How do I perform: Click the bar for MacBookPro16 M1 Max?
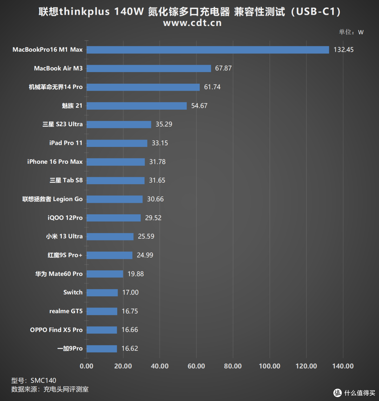(208, 50)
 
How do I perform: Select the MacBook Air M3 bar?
(149, 68)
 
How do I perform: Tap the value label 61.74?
(212, 87)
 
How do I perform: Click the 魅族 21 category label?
(72, 105)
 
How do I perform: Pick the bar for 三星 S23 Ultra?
(119, 124)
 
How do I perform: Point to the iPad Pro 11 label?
(66, 143)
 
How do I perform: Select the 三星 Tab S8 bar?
(115, 180)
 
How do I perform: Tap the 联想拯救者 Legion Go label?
(53, 199)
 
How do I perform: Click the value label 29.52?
(153, 218)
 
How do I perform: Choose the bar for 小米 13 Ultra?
(110, 237)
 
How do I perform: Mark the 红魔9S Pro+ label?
(65, 255)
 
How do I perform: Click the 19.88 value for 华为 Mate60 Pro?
(135, 274)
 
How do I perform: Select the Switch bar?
(102, 292)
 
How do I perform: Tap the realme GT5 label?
(66, 311)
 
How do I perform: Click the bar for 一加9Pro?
(102, 349)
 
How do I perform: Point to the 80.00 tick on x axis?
(233, 366)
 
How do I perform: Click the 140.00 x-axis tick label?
(343, 366)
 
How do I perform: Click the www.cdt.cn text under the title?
(192, 23)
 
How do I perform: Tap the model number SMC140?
(43, 381)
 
